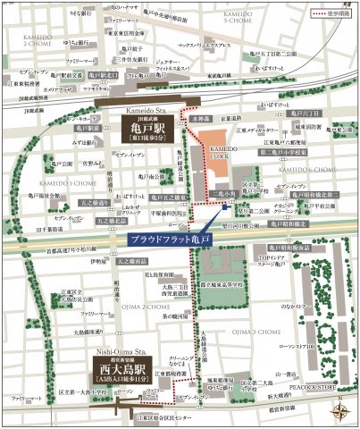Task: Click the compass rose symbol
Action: tap(339, 412)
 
